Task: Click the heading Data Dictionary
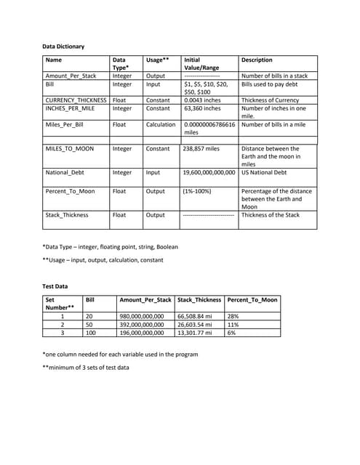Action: pyautogui.click(x=63, y=46)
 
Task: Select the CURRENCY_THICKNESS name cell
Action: pyautogui.click(x=76, y=100)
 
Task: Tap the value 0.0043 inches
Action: pyautogui.click(x=203, y=100)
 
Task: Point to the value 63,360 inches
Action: pyautogui.click(x=203, y=108)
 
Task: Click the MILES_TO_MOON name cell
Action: pyautogui.click(x=70, y=149)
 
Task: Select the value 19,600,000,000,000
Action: pyautogui.click(x=210, y=173)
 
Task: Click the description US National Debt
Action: pyautogui.click(x=264, y=173)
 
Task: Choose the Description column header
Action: pyautogui.click(x=257, y=60)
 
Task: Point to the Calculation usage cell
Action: pyautogui.click(x=161, y=125)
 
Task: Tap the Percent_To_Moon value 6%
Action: pyautogui.click(x=233, y=333)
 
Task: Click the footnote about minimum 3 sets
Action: pyautogui.click(x=86, y=367)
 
